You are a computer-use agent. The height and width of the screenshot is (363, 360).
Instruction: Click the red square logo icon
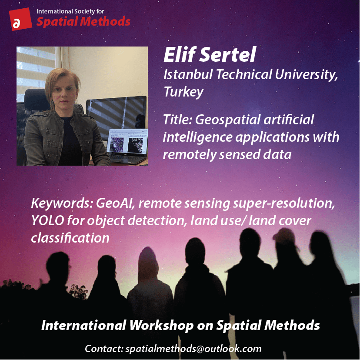pos(20,19)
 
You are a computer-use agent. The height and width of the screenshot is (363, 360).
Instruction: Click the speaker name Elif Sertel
pos(210,54)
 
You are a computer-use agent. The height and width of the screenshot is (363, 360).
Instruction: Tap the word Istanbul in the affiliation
pos(188,74)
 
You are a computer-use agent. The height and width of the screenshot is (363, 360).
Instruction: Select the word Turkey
pos(183,92)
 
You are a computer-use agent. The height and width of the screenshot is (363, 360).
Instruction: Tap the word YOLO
pos(47,220)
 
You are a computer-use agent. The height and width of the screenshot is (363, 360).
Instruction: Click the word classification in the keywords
pos(70,238)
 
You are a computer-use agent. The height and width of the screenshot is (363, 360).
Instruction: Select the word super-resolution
pos(284,203)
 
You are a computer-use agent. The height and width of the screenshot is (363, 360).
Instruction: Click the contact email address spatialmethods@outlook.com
pos(193,349)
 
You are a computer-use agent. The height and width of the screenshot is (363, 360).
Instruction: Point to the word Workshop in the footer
pos(161,325)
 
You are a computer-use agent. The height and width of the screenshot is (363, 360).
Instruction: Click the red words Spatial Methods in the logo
pos(83,22)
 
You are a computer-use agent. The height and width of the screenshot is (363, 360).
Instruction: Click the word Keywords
pos(62,203)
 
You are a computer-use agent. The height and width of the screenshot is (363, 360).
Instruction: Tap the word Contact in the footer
pos(104,349)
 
